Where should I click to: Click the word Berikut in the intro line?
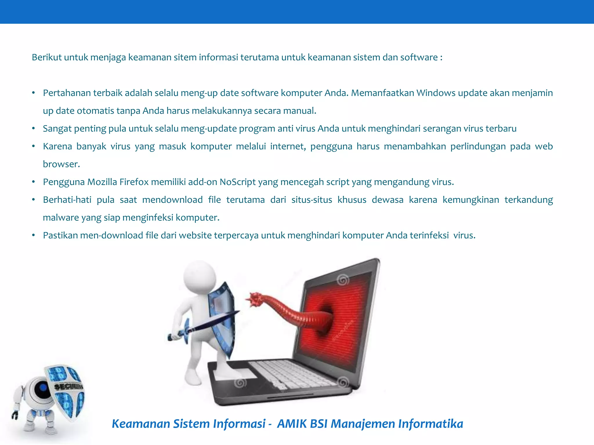pos(46,57)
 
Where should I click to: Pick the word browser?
pos(61,164)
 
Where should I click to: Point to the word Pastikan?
pos(60,235)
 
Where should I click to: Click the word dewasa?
pos(387,200)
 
